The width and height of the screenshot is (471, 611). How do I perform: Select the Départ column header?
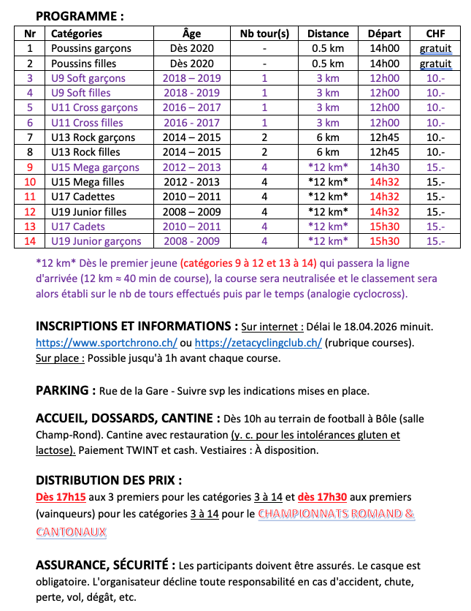(x=384, y=34)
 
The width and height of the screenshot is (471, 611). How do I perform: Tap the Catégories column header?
(x=77, y=34)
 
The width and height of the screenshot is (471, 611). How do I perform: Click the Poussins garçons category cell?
(x=91, y=48)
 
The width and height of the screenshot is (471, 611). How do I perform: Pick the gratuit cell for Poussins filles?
(x=435, y=64)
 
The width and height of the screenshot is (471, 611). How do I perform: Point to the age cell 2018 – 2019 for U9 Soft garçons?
(x=191, y=78)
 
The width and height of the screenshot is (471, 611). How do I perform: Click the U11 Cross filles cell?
(x=87, y=123)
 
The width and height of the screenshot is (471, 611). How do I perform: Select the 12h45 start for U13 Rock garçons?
(x=384, y=137)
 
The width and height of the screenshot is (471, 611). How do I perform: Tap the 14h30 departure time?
(x=384, y=167)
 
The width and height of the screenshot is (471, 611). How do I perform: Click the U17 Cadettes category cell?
(x=83, y=197)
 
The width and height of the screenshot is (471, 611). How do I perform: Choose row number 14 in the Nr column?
(x=30, y=241)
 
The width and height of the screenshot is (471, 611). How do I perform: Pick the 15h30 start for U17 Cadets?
(x=384, y=227)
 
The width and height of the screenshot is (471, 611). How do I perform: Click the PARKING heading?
(x=66, y=390)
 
